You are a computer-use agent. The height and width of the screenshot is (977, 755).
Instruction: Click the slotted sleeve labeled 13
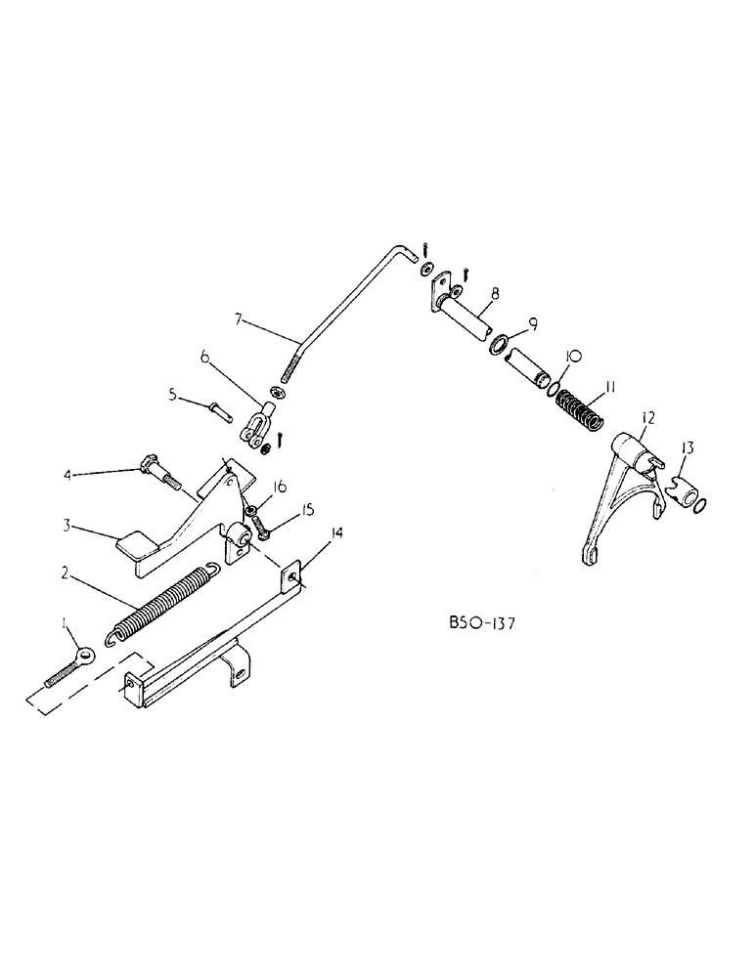pos(686,481)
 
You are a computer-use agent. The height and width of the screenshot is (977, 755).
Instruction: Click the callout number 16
pos(280,486)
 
